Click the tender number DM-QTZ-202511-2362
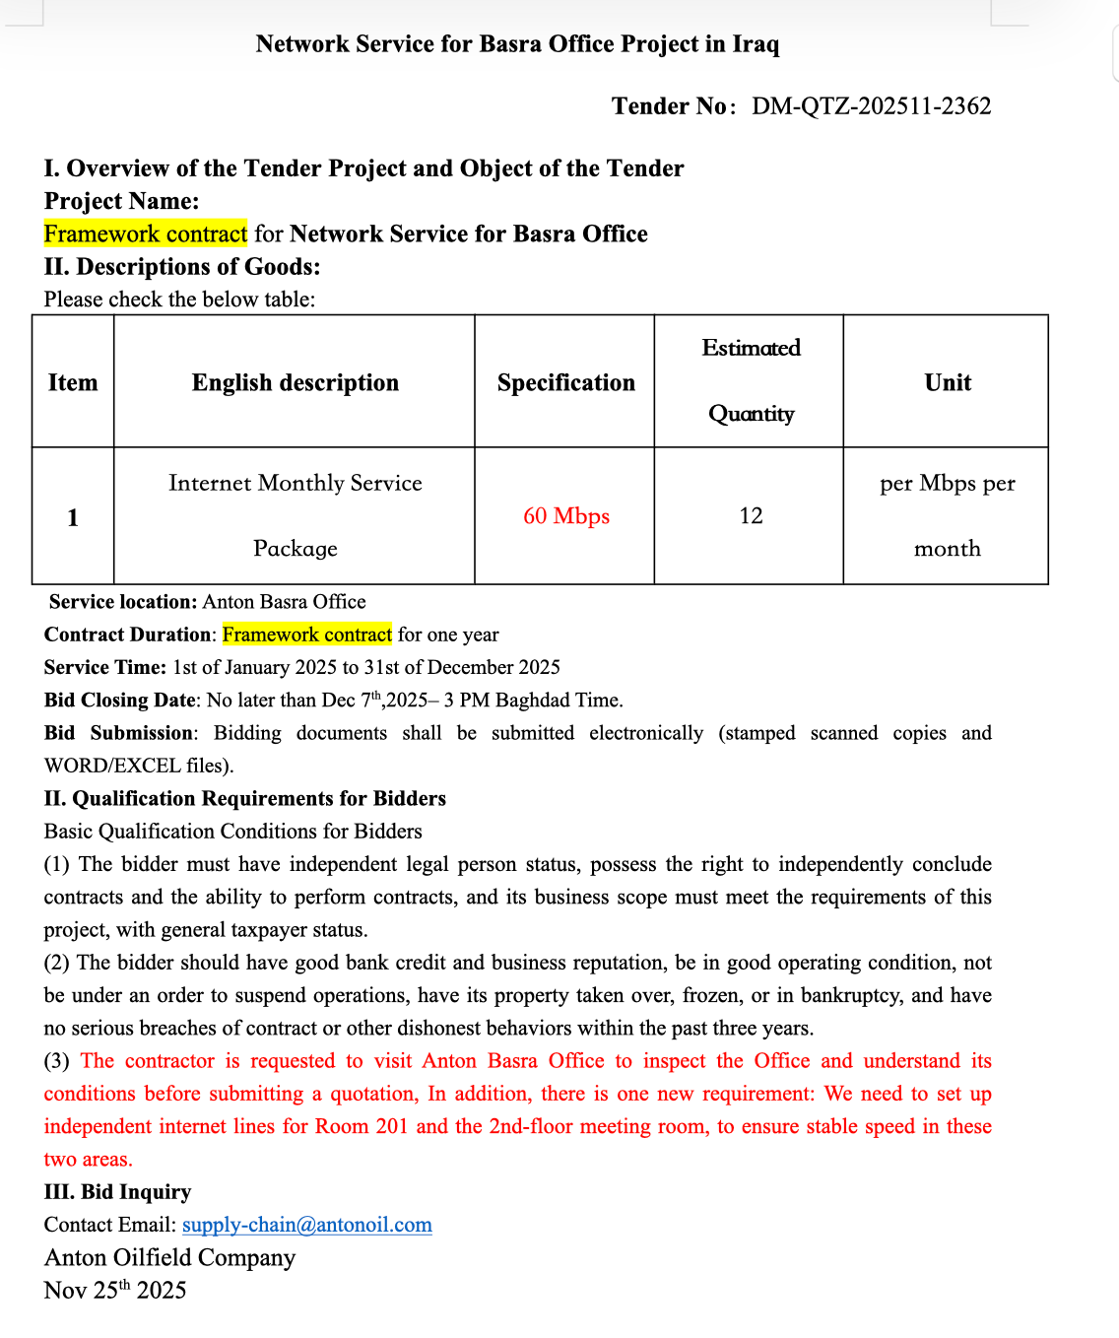(871, 106)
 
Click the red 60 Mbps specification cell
(566, 516)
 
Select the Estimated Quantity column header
(751, 380)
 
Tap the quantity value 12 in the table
(751, 516)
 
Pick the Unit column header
(948, 382)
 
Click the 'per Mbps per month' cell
(948, 515)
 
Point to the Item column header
(73, 382)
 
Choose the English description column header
(296, 382)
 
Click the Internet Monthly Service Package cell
(296, 515)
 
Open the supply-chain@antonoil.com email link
(307, 1225)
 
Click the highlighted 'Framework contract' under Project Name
(146, 234)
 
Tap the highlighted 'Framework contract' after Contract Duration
(307, 635)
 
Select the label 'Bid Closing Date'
(120, 701)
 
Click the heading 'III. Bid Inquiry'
(117, 1192)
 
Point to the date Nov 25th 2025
(115, 1291)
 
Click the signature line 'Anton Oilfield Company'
(169, 1258)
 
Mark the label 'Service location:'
(122, 602)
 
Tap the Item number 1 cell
(73, 517)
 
